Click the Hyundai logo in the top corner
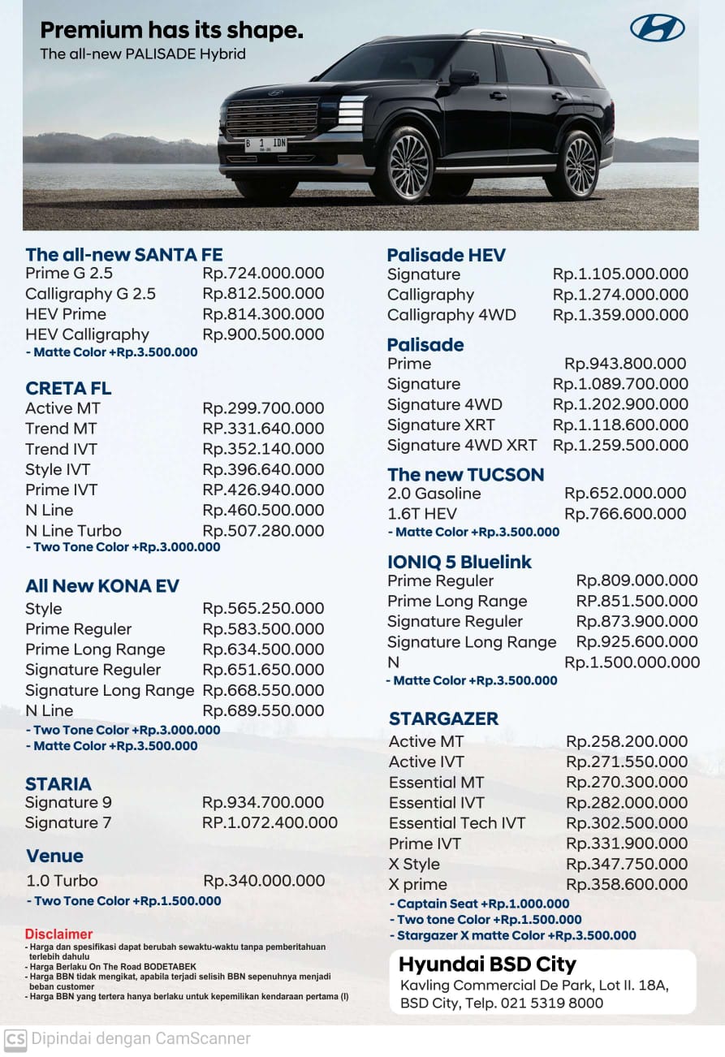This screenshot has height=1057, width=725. pyautogui.click(x=657, y=28)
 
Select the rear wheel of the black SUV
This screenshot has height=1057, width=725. pyautogui.click(x=580, y=165)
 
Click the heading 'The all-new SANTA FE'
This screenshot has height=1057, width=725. pyautogui.click(x=123, y=255)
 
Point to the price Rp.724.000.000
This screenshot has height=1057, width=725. pyautogui.click(x=263, y=274)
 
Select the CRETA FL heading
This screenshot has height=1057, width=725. pyautogui.click(x=68, y=388)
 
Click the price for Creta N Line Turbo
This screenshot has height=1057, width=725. pyautogui.click(x=263, y=531)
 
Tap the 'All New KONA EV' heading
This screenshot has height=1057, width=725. pyautogui.click(x=102, y=586)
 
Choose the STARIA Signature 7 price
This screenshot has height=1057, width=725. pyautogui.click(x=270, y=822)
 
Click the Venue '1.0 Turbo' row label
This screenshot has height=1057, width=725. pyautogui.click(x=62, y=881)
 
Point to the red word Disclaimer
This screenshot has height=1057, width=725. pyautogui.click(x=58, y=934)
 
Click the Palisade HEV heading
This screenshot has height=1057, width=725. pyautogui.click(x=446, y=255)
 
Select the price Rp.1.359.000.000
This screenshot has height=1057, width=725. pyautogui.click(x=620, y=315)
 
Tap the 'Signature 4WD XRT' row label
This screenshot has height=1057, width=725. pyautogui.click(x=461, y=445)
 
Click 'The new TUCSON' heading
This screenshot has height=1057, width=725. pyautogui.click(x=465, y=475)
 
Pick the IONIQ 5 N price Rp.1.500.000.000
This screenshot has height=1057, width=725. pyautogui.click(x=632, y=662)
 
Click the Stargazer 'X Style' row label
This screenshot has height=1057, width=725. pyautogui.click(x=414, y=864)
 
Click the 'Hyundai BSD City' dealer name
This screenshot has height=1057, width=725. pyautogui.click(x=487, y=964)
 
